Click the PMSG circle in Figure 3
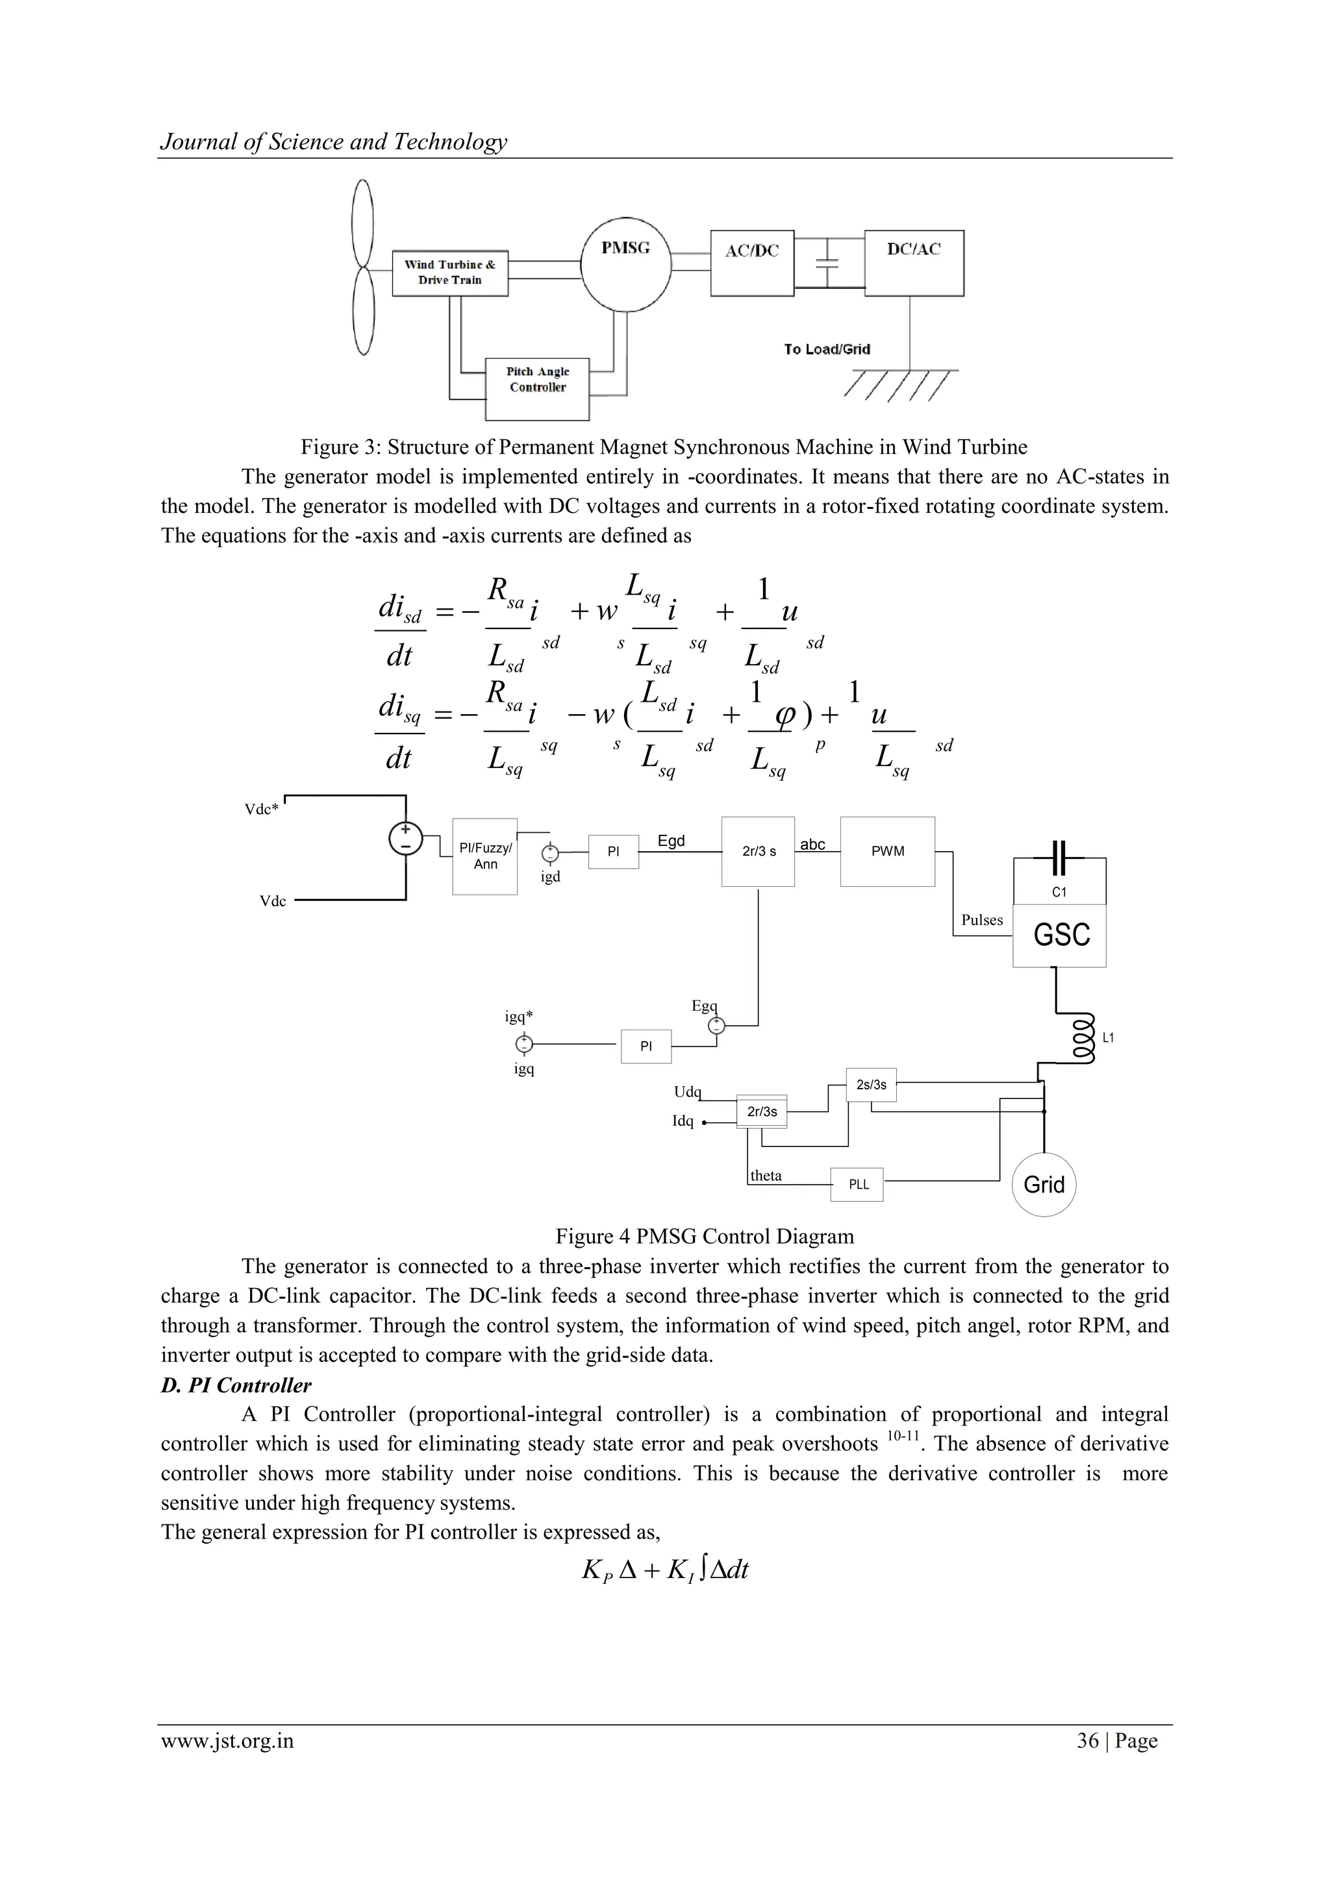(x=625, y=264)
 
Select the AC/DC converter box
(x=752, y=263)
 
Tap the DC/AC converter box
(x=914, y=263)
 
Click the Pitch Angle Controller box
(x=537, y=388)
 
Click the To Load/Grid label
(x=826, y=350)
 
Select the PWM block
(x=887, y=852)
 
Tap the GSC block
(x=1060, y=935)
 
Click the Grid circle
(x=1044, y=1185)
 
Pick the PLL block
(x=857, y=1184)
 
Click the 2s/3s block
(x=871, y=1085)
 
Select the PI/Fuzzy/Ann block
(x=485, y=856)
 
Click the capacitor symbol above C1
(x=1059, y=858)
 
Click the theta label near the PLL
(x=766, y=1176)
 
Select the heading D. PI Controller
(x=236, y=1385)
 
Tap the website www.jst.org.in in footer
(x=227, y=1741)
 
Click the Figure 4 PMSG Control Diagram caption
(x=705, y=1237)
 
